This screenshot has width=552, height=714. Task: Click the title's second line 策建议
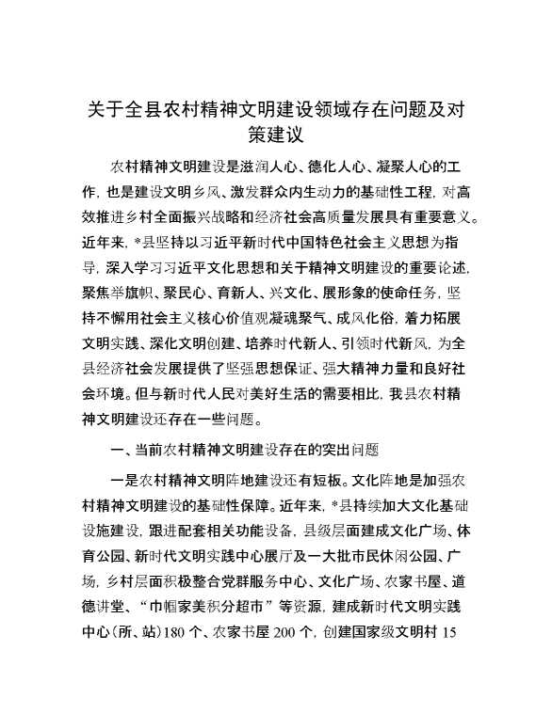276,135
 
